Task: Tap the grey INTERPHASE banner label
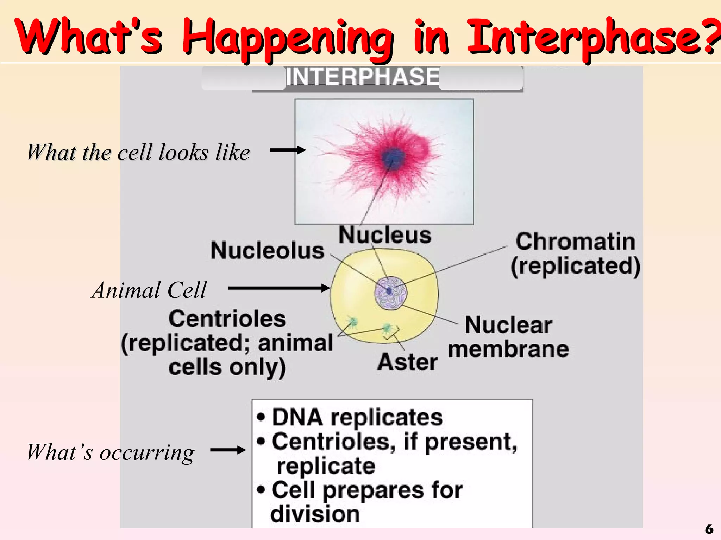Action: pos(362,76)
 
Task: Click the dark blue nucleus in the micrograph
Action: pos(393,157)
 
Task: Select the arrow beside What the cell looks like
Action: pos(288,150)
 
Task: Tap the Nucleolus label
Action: pos(267,251)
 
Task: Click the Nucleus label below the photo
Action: pos(385,235)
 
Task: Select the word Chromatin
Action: pos(575,242)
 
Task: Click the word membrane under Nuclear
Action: pos(508,349)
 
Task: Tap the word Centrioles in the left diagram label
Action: pos(227,319)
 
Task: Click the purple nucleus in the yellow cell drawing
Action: pos(390,293)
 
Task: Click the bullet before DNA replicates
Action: pos(261,418)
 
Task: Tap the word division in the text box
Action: pos(315,514)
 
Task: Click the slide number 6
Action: pos(709,529)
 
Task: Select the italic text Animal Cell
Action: pos(149,290)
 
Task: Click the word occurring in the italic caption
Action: pos(147,453)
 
